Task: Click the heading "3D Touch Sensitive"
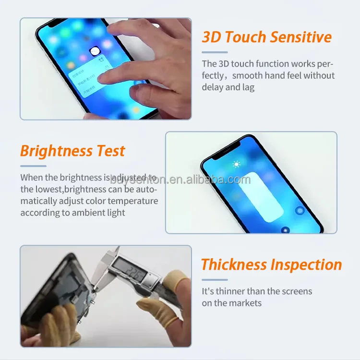pos(266,37)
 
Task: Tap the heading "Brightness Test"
pos(72,151)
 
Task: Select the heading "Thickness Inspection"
pos(271,264)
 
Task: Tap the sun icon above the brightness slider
pos(236,165)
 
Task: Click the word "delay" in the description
pos(212,87)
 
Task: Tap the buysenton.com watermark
pos(180,180)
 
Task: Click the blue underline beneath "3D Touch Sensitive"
pos(214,52)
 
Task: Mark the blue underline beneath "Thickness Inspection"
pos(214,279)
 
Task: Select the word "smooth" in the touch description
pos(247,75)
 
